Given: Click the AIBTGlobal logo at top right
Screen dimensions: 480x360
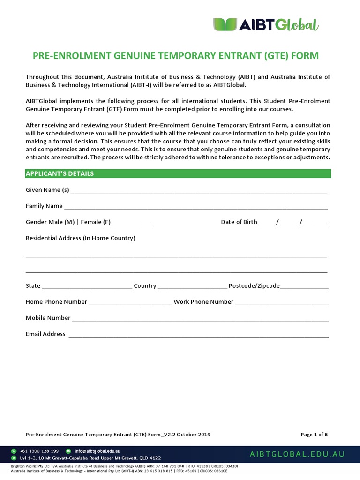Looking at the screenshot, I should click(266, 24).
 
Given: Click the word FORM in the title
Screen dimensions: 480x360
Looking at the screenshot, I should click(305, 56).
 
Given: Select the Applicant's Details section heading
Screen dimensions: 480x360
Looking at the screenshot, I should click(60, 173).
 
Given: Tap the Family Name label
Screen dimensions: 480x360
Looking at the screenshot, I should click(44, 206).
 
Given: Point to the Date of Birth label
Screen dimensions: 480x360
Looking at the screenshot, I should click(239, 222).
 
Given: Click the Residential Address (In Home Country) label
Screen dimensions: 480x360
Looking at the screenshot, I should click(80, 238).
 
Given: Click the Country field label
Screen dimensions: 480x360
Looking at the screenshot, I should click(145, 286).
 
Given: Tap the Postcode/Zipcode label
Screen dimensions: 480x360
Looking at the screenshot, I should click(254, 286).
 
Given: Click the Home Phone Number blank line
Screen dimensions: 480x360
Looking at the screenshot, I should click(130, 303).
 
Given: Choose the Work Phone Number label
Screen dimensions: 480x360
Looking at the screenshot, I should click(203, 302).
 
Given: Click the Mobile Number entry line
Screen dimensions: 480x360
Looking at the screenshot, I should click(200, 319).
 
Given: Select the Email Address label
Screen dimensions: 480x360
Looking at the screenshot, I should click(45, 334).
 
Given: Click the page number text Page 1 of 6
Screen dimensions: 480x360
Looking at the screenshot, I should click(314, 435).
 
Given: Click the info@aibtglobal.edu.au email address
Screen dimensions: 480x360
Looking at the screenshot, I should click(97, 451).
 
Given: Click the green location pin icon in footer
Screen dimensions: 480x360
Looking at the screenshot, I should click(14, 458).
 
